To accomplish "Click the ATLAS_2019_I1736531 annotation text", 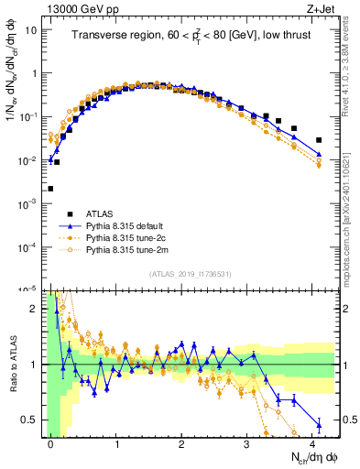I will pos(191,274).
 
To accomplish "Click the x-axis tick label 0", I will pos(51,443).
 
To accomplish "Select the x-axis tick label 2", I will pos(181,443).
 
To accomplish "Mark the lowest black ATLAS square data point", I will pos(50,189).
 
